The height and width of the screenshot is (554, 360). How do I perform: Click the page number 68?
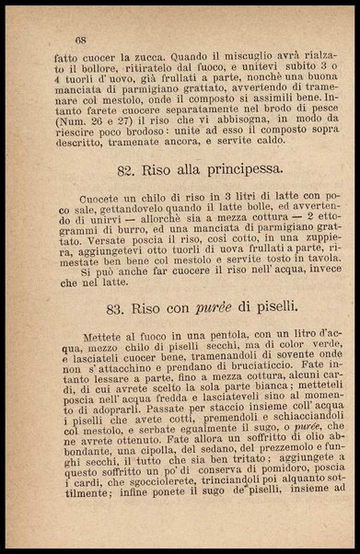click(80, 40)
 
